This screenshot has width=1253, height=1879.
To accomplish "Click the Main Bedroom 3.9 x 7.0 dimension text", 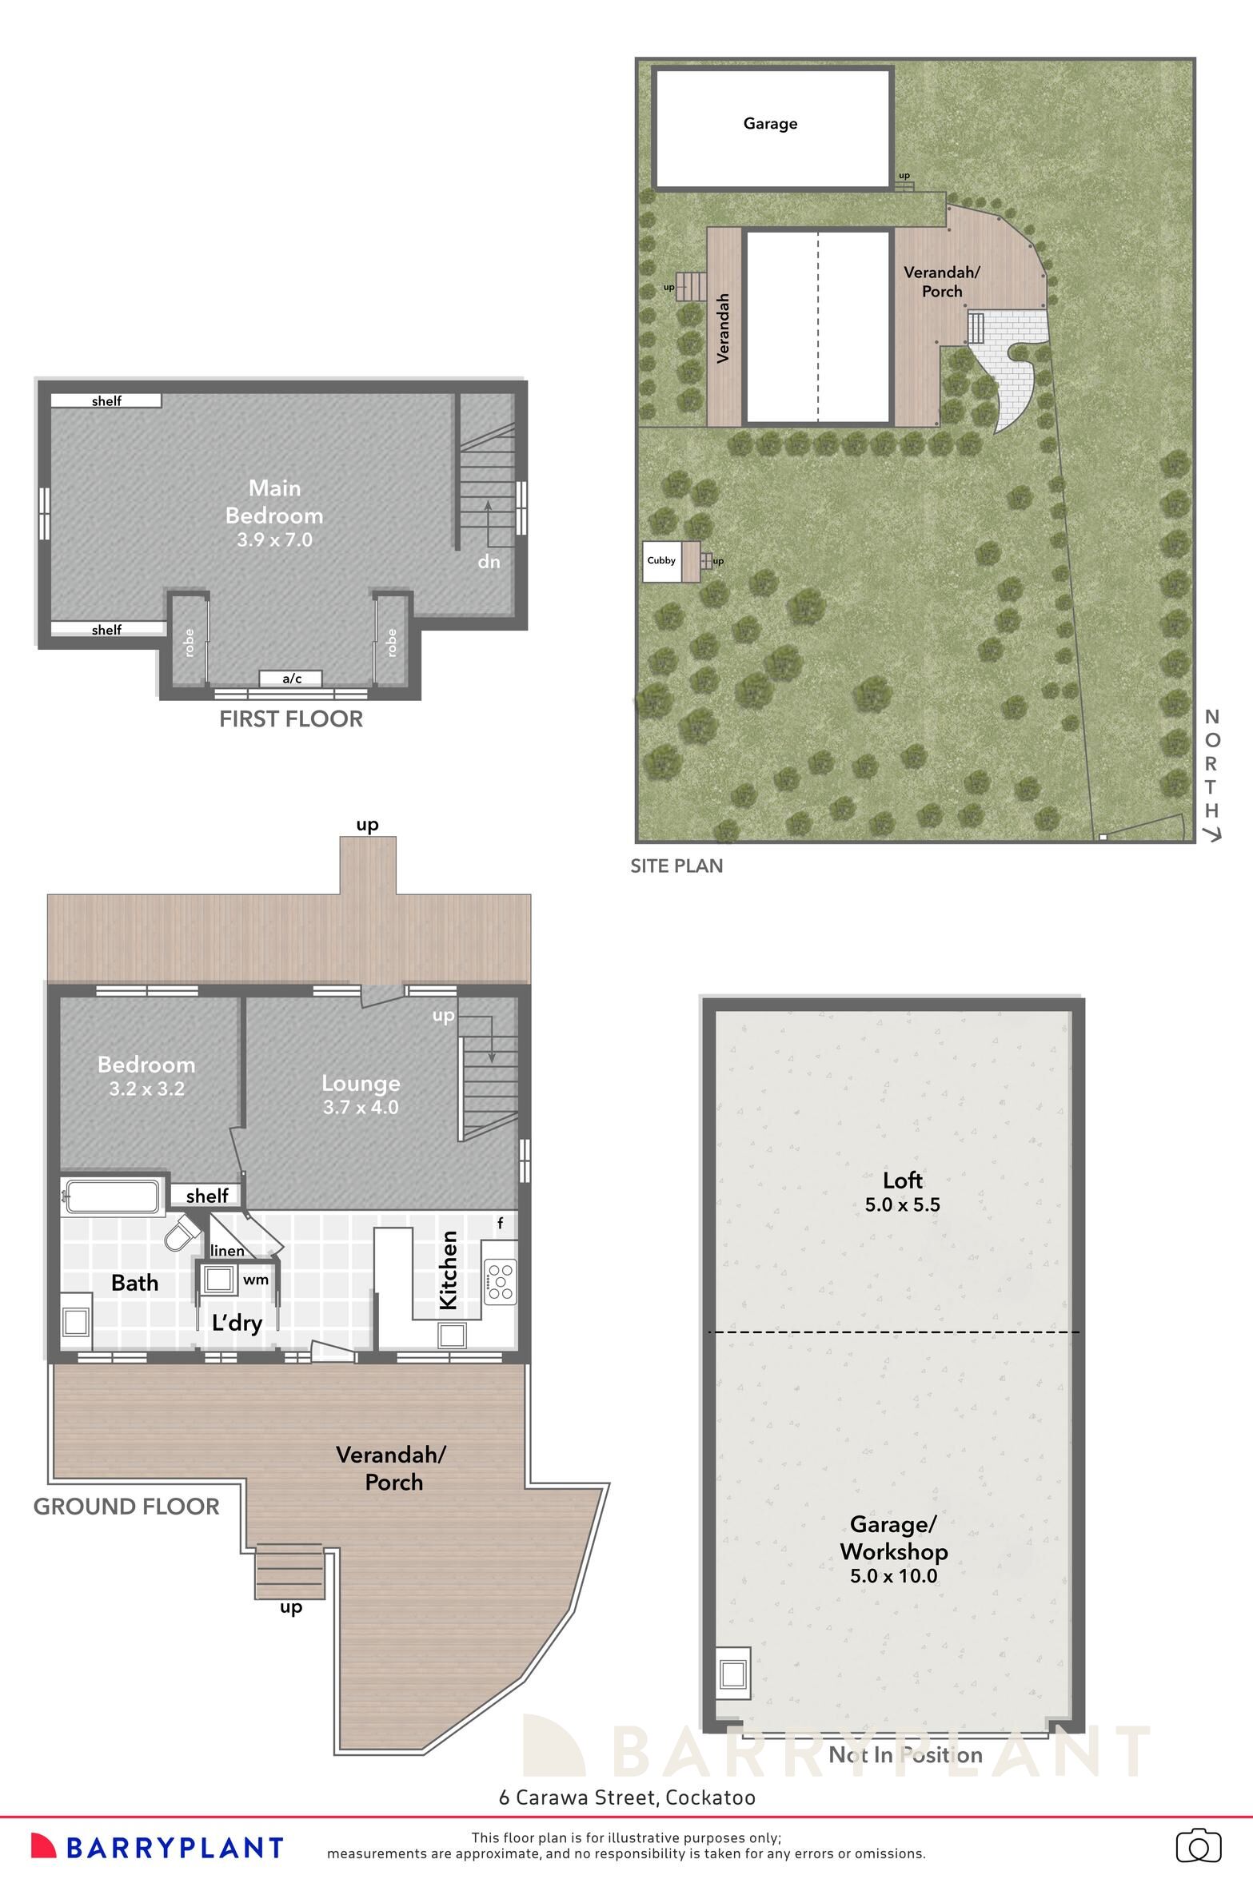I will point(274,539).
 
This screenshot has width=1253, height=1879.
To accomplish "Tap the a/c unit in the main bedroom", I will point(291,679).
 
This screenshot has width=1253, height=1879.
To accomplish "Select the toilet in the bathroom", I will point(182,1233).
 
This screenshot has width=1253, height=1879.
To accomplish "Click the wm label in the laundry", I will point(255,1280).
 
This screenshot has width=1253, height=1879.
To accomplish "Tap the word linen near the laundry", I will point(227,1251).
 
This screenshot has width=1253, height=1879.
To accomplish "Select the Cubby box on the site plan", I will point(661,561).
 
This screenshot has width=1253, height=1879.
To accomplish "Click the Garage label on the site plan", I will point(770,123).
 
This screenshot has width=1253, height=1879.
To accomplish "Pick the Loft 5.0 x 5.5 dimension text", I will point(902,1204).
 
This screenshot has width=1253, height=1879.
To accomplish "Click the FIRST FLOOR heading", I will point(291,719).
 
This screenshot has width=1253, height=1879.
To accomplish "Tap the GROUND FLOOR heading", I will point(126,1507).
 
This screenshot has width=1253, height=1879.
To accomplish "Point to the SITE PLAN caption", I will point(676,866).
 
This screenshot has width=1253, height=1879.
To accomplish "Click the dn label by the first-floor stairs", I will point(489,562).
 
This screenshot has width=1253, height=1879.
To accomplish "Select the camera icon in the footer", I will point(1198,1846).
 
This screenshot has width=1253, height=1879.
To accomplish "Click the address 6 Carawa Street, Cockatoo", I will point(627,1797).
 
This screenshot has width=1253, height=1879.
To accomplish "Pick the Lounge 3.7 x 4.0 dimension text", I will point(361,1107).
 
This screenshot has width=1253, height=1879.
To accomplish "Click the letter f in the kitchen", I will point(501,1223).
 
